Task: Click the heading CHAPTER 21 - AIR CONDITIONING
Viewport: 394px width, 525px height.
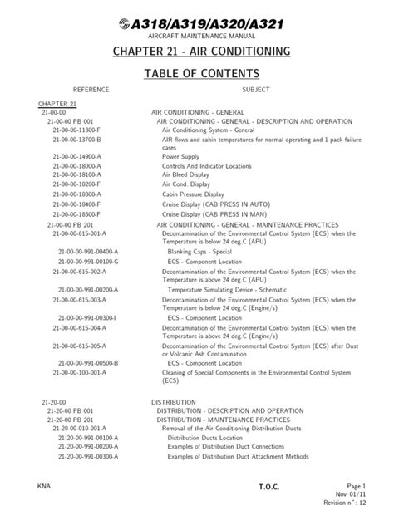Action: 197,52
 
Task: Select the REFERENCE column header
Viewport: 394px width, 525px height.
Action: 91,89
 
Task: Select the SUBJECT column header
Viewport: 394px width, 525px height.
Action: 256,89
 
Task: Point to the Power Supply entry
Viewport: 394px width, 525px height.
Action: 180,155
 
